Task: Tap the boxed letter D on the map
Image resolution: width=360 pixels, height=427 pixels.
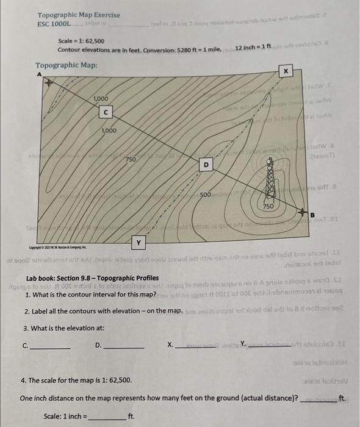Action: coord(206,164)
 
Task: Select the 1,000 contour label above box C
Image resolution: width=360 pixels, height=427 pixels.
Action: coord(101,99)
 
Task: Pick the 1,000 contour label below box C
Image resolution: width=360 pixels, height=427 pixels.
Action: coord(109,131)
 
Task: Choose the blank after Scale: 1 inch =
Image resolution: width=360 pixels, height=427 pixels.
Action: coord(108,417)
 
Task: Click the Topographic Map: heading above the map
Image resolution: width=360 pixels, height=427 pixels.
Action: coord(66,65)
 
